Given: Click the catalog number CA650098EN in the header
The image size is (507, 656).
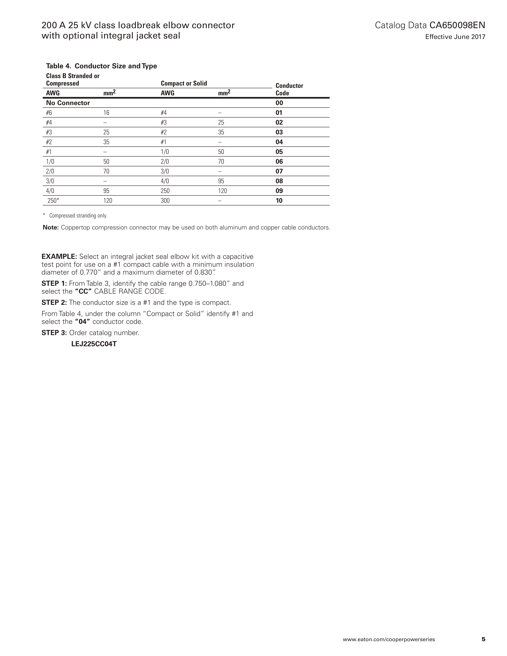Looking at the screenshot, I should [457, 25].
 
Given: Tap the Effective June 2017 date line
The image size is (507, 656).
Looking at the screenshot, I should [455, 37].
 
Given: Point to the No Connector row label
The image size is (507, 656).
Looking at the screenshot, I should [68, 103].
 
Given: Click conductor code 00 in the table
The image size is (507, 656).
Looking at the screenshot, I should [279, 103].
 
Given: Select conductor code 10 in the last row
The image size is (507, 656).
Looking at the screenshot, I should [279, 201].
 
